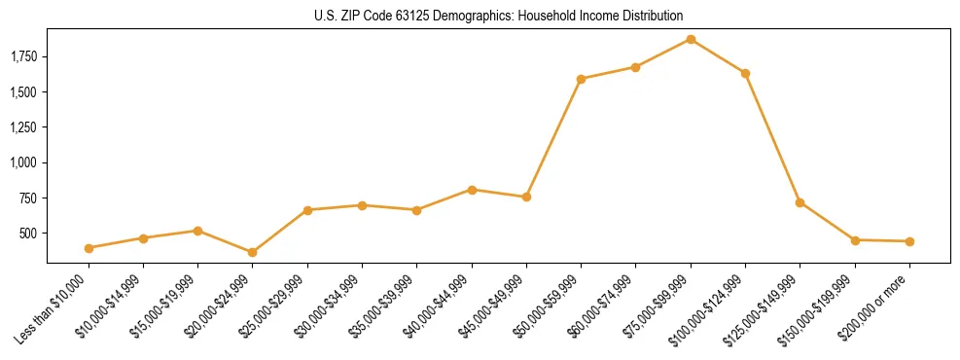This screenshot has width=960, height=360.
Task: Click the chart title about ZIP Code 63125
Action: [x=498, y=17]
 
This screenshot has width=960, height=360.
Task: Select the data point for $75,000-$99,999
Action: [x=691, y=40]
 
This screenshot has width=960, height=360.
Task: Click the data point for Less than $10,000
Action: [x=89, y=248]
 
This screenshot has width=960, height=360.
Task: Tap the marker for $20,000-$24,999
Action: [x=253, y=252]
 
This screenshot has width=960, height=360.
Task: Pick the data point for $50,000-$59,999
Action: [x=581, y=79]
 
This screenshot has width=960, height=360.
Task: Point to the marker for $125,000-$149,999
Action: [x=800, y=202]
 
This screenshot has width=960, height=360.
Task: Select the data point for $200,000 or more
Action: [x=909, y=241]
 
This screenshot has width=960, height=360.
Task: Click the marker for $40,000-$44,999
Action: [x=472, y=190]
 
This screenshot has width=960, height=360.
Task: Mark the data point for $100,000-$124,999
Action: [x=745, y=73]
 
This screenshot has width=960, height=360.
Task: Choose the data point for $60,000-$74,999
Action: [x=635, y=67]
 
